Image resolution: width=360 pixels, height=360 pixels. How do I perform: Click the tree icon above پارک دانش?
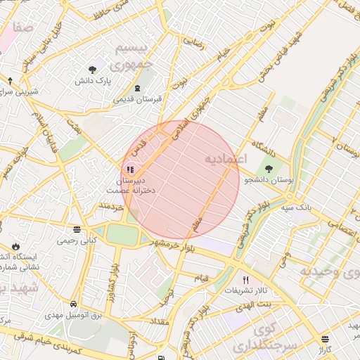pyautogui.click(x=92, y=69)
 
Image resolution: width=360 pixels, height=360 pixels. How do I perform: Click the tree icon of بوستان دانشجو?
pyautogui.click(x=269, y=168)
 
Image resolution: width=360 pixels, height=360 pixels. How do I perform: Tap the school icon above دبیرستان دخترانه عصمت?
pyautogui.click(x=129, y=169)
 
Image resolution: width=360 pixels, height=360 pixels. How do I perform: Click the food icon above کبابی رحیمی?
pyautogui.click(x=76, y=229)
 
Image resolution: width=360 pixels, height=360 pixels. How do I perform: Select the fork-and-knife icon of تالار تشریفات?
pyautogui.click(x=245, y=279)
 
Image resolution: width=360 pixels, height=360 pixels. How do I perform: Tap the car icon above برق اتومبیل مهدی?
pyautogui.click(x=74, y=304)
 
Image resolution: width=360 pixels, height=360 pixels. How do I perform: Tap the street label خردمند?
pyautogui.click(x=111, y=206)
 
